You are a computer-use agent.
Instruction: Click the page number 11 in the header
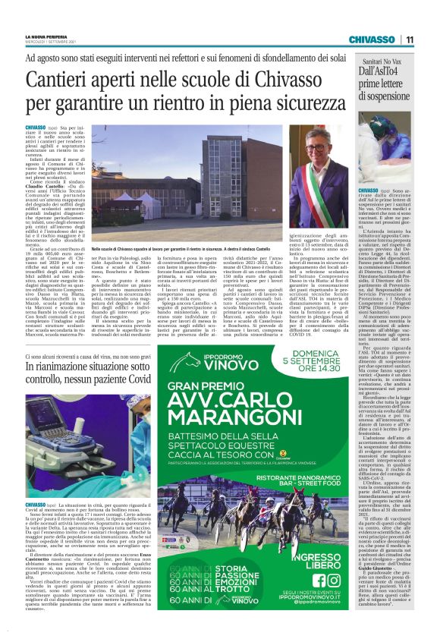[x=408, y=39]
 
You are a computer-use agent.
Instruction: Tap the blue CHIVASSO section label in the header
[x=372, y=39]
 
